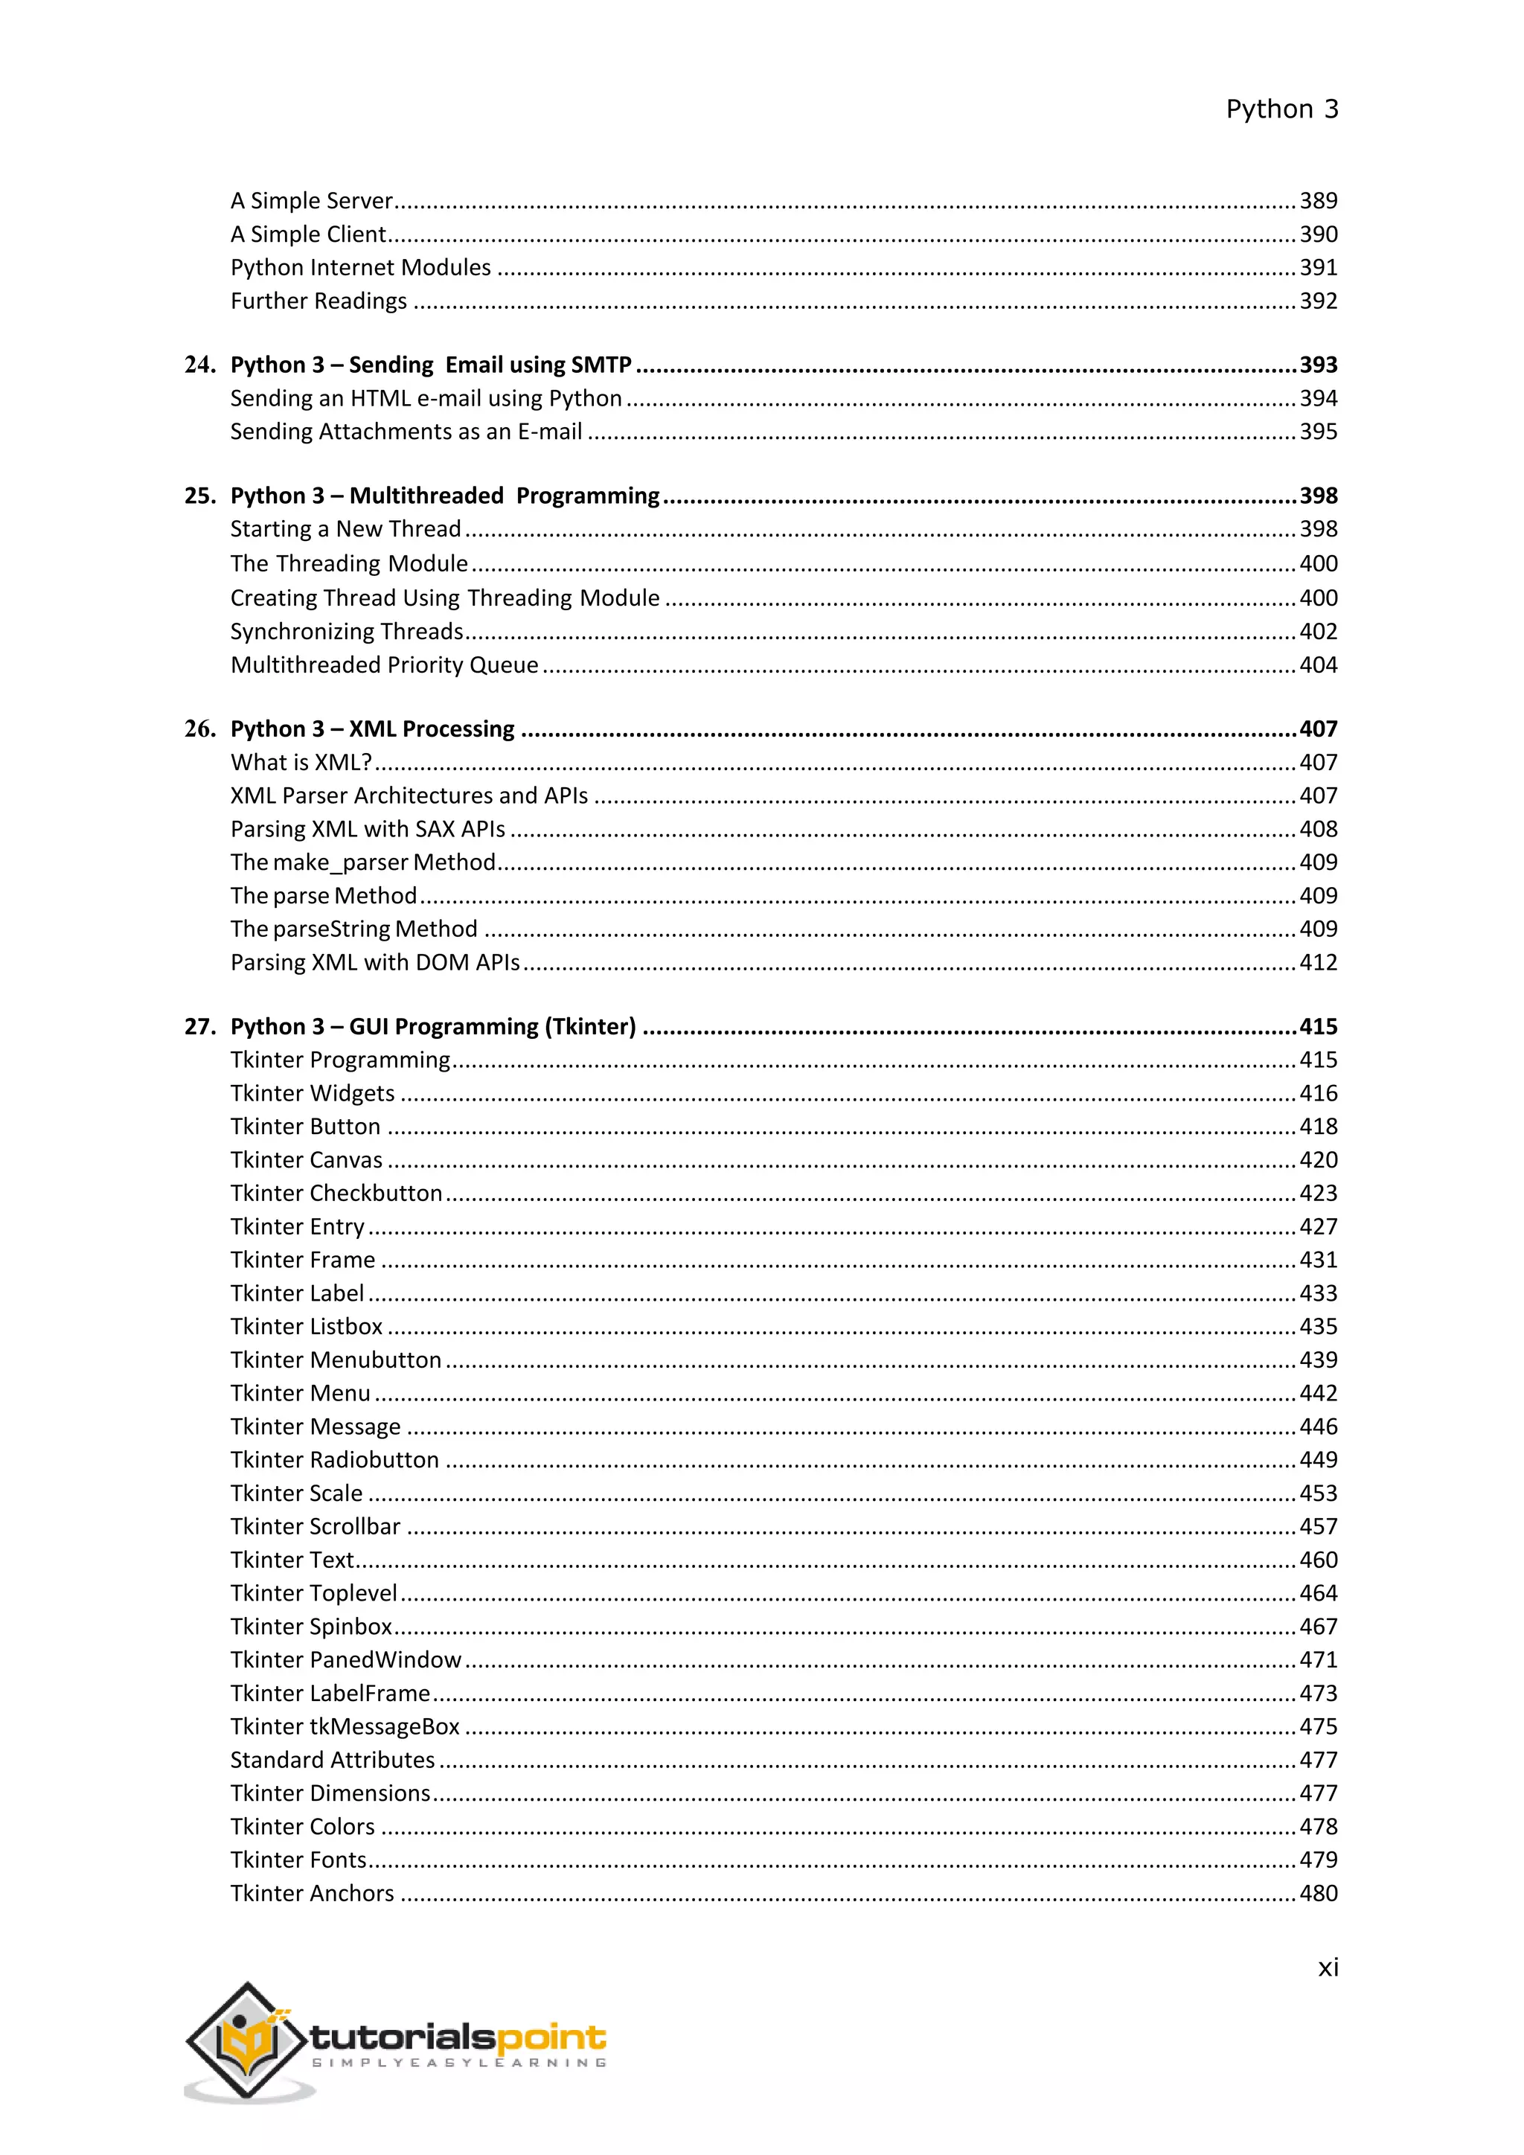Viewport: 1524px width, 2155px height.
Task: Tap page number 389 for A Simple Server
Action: coord(1318,201)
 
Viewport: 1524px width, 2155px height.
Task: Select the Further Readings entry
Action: coord(318,301)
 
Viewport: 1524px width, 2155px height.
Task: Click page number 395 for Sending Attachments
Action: coord(1318,432)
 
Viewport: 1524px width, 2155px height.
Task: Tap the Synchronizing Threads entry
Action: coord(348,632)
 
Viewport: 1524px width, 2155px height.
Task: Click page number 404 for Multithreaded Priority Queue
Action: coord(1318,665)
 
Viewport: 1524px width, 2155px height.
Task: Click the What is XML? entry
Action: coord(301,762)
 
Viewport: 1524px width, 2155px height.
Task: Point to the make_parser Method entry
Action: coord(363,862)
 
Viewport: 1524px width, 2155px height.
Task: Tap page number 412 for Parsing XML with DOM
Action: coord(1318,963)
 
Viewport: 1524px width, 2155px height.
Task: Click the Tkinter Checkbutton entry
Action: coord(336,1193)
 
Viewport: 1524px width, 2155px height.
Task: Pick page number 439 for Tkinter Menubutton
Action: coord(1318,1360)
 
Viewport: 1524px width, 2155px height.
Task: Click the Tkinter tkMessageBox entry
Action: coord(345,1727)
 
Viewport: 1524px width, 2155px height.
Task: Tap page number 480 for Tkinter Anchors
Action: coord(1318,1893)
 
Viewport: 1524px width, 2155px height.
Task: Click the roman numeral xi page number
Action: coord(1327,1967)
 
